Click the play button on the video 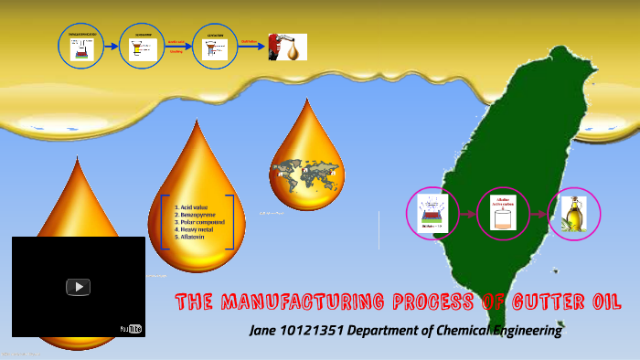pos(79,287)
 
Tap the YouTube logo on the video pos(132,328)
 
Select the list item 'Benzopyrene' pos(198,216)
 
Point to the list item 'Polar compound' pos(204,223)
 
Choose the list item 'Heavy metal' pos(197,230)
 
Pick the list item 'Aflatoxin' pos(196,238)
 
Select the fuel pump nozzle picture pos(286,47)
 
